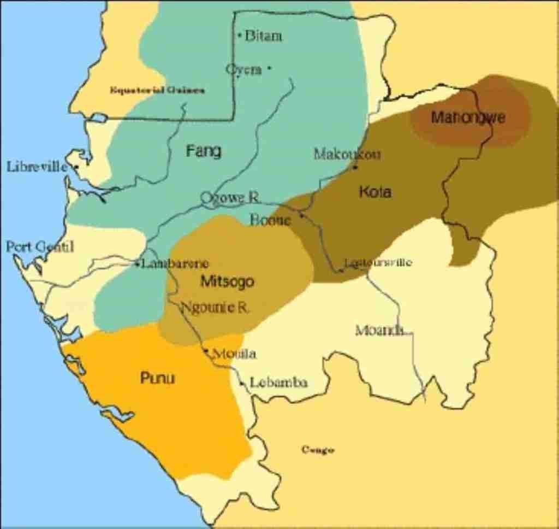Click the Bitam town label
pyautogui.click(x=264, y=36)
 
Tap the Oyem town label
pyautogui.click(x=244, y=69)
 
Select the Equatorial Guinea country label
pyautogui.click(x=157, y=90)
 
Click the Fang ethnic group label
pyautogui.click(x=204, y=150)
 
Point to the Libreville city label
pyautogui.click(x=37, y=166)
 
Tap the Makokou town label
pyautogui.click(x=347, y=154)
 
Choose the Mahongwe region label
pyautogui.click(x=468, y=117)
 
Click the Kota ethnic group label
pyautogui.click(x=375, y=192)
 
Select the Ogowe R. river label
pyautogui.click(x=229, y=197)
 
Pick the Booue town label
pyautogui.click(x=270, y=220)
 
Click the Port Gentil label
pyautogui.click(x=39, y=246)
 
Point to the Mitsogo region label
pyautogui.click(x=228, y=281)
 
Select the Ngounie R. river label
pyautogui.click(x=215, y=307)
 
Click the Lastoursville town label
pyautogui.click(x=378, y=263)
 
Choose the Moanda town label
pyautogui.click(x=380, y=330)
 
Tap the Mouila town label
pyautogui.click(x=234, y=354)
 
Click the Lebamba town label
pyautogui.click(x=278, y=383)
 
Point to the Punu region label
pyautogui.click(x=158, y=378)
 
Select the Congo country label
pyautogui.click(x=318, y=450)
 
